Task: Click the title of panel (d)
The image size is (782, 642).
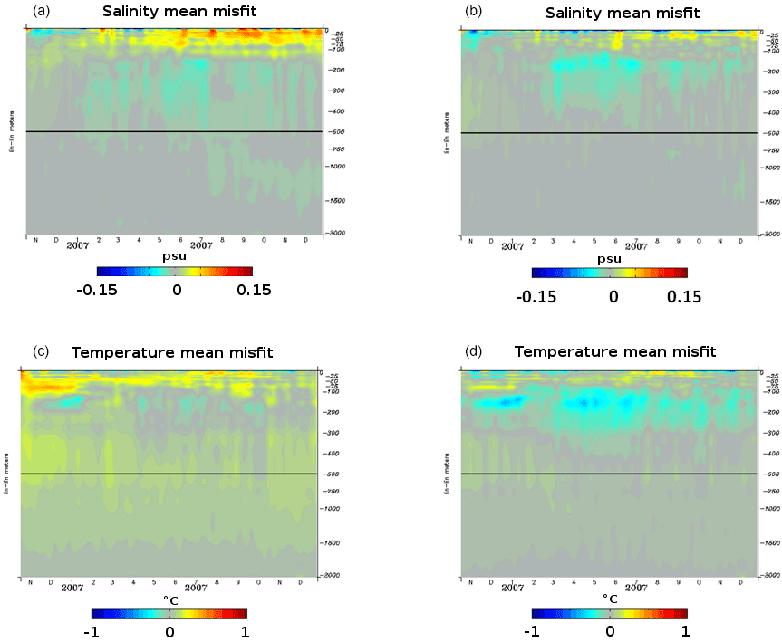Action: (615, 351)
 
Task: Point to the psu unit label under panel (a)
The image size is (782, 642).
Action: (174, 257)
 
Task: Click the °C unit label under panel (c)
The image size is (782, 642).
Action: (169, 599)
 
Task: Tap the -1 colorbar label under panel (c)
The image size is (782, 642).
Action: (91, 631)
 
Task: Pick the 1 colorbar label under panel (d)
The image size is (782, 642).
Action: (684, 631)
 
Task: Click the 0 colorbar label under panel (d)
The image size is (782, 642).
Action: (611, 631)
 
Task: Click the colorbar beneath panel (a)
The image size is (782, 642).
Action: (174, 271)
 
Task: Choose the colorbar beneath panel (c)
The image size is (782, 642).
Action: (169, 613)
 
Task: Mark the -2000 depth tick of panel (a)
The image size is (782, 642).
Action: (334, 233)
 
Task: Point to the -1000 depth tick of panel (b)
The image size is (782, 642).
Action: (769, 168)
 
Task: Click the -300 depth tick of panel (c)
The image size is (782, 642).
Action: (333, 433)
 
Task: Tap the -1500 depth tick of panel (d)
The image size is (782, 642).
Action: (769, 542)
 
